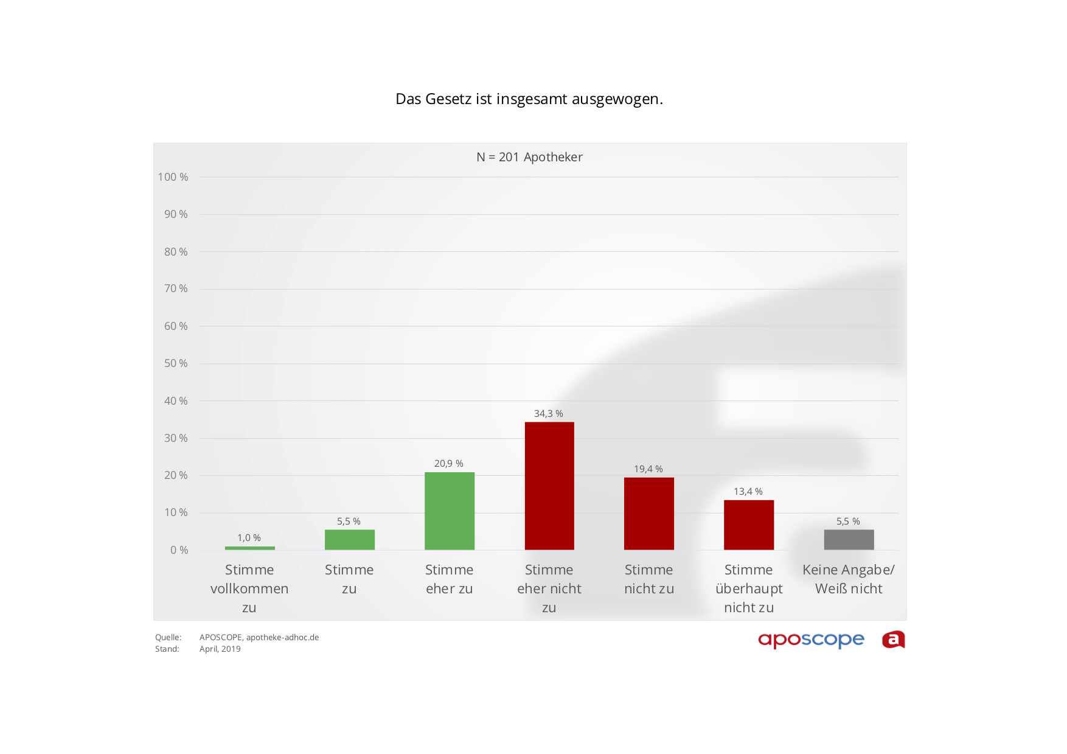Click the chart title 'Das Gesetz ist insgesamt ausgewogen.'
pos(529,99)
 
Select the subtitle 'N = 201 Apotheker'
pos(529,157)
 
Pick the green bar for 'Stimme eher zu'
pos(450,511)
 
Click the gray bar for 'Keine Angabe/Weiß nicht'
pos(849,540)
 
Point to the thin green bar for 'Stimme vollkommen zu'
pos(249,548)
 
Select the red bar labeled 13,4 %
pos(748,525)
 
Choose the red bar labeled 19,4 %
pos(648,514)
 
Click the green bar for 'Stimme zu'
pos(349,540)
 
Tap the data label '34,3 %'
pos(548,414)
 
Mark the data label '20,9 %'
pos(448,464)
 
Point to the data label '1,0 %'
pos(249,538)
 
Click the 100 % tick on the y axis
pos(173,177)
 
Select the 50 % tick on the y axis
pos(176,363)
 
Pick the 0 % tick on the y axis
pos(179,550)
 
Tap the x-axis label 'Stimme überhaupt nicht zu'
pos(748,588)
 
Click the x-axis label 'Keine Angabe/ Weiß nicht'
pos(848,579)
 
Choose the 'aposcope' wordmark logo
pos(811,640)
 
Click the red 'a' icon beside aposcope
pos(893,640)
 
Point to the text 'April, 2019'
pos(220,649)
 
